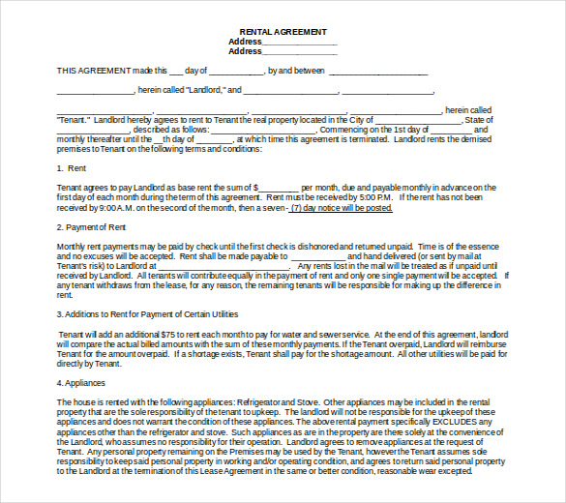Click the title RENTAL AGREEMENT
(x=283, y=32)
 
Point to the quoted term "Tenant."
(x=74, y=119)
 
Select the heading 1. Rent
(x=73, y=168)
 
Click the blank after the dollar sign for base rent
(x=279, y=188)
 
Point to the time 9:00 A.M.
(x=120, y=207)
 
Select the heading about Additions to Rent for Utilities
(x=147, y=314)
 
